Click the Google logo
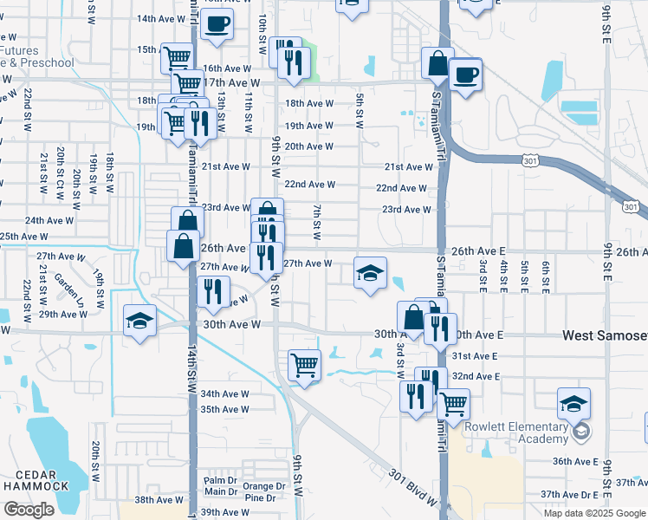tap(29, 510)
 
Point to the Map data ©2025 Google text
tap(593, 513)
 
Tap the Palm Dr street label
tap(220, 480)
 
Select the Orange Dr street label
tap(263, 486)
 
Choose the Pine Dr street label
tap(260, 497)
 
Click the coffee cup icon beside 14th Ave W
tap(217, 23)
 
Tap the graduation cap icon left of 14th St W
tap(139, 321)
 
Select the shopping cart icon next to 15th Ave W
tap(178, 58)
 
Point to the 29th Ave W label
tap(61, 315)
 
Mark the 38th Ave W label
tap(159, 499)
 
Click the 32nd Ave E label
tap(476, 376)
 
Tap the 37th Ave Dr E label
tap(569, 494)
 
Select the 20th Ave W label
tap(309, 146)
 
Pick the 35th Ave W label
tap(224, 409)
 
